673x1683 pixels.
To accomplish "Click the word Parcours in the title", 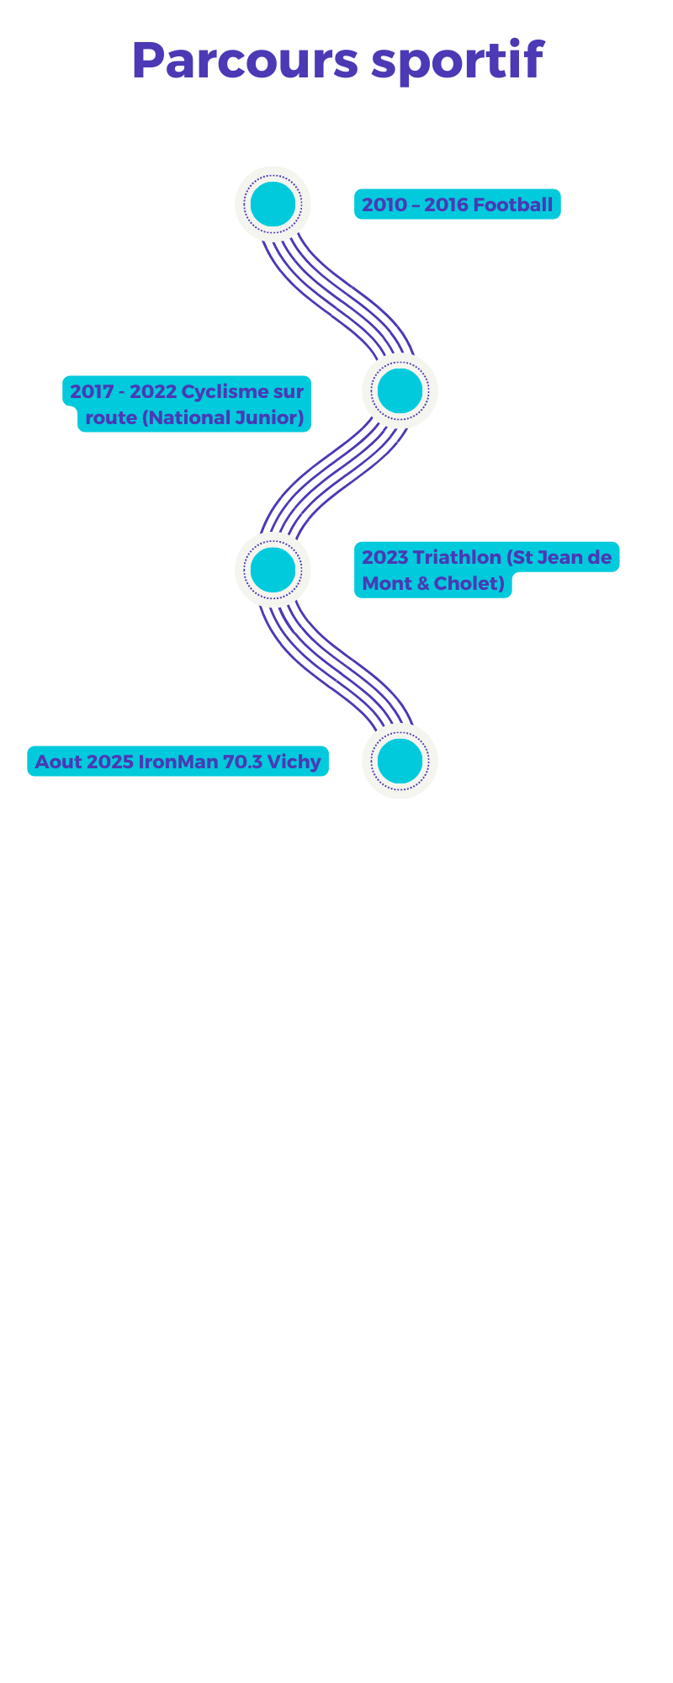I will coord(245,61).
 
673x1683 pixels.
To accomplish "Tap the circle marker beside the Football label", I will coord(273,204).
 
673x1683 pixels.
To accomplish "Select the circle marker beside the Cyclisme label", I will coord(400,390).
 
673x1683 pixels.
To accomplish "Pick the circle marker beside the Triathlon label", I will coord(273,570).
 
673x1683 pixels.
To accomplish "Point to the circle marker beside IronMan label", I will coord(400,761).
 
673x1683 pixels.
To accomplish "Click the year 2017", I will coord(92,392).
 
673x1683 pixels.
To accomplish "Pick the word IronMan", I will coord(178,762).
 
